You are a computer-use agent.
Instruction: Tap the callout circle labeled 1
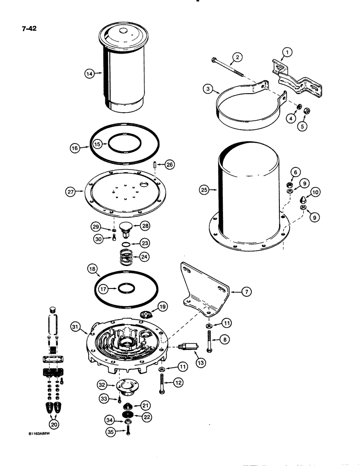coord(288,53)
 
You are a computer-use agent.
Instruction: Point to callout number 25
coord(204,190)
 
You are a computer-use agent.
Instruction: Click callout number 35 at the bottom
coord(111,431)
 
